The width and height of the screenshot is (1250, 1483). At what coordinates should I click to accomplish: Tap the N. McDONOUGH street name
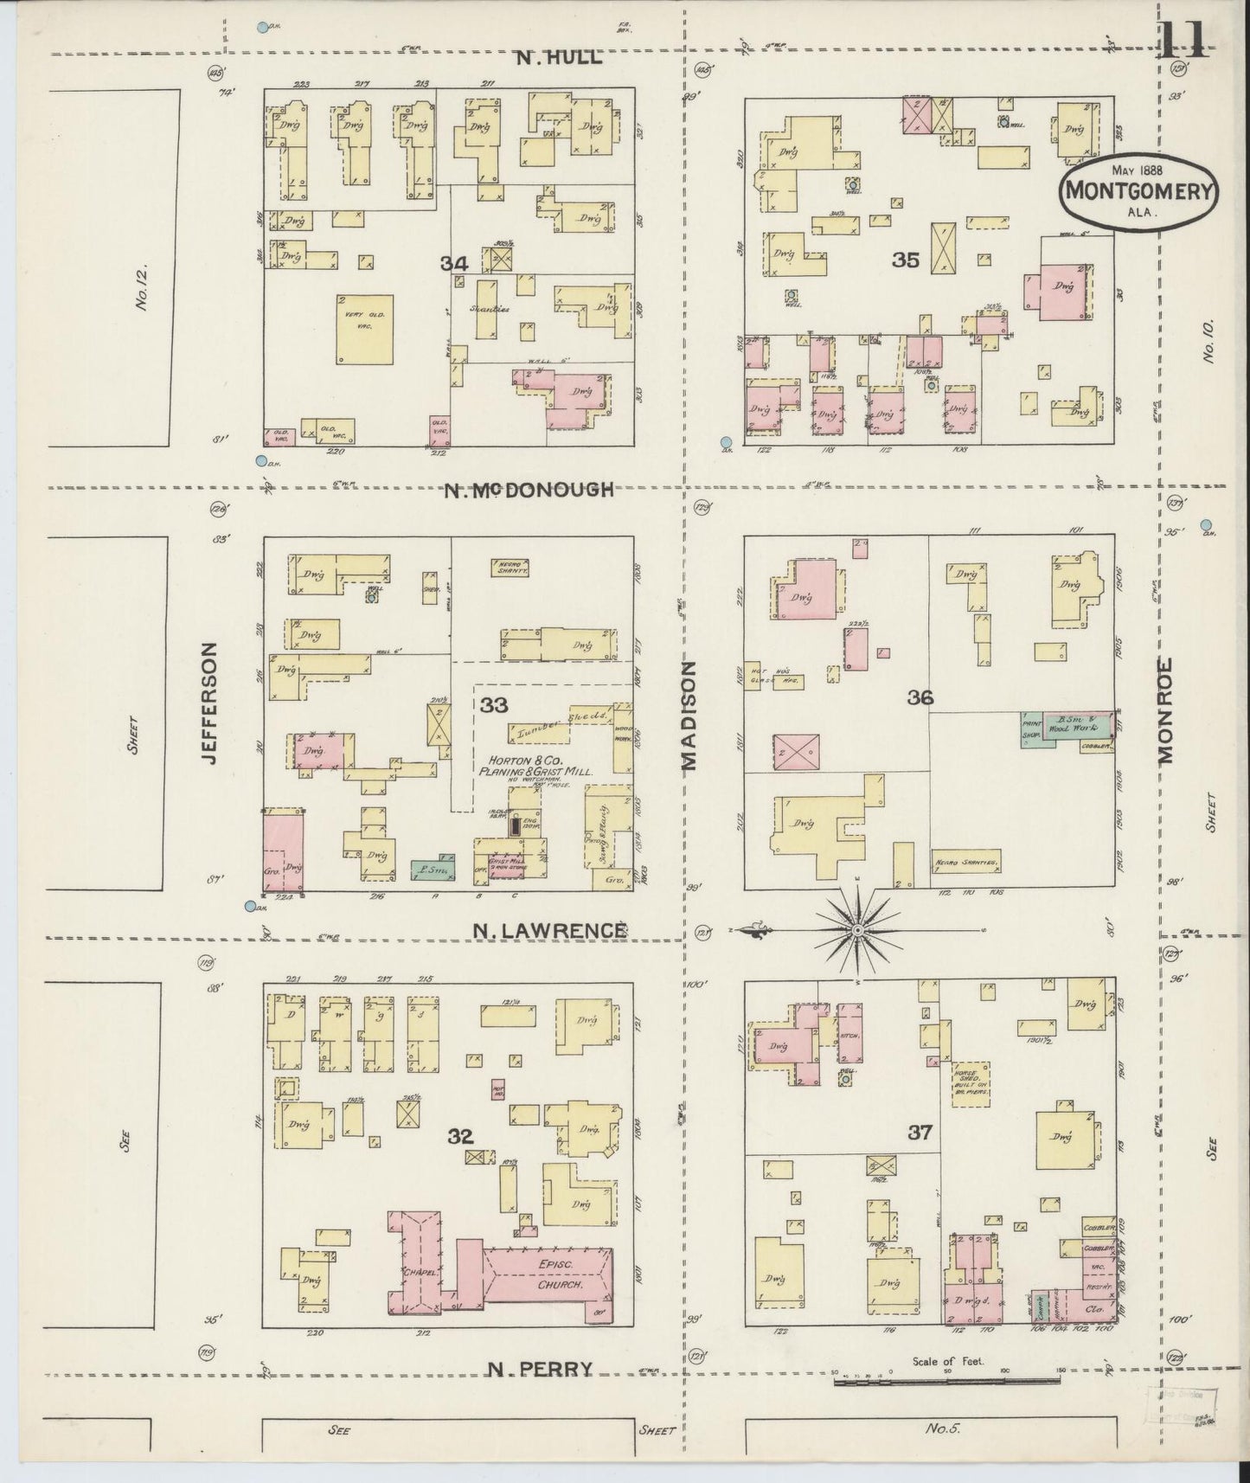529,490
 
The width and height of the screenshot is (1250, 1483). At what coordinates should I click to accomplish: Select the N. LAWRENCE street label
549,930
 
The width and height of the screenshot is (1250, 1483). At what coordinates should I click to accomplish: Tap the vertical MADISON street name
689,716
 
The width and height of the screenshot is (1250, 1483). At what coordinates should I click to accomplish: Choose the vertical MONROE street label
1165,710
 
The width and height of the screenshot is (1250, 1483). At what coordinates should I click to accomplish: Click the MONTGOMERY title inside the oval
1139,191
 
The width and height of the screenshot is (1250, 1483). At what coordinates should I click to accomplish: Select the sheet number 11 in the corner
1184,40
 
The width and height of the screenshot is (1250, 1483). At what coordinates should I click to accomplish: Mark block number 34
454,264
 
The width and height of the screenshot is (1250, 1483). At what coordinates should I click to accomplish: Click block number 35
906,260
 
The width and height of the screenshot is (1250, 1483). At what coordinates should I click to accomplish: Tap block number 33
494,706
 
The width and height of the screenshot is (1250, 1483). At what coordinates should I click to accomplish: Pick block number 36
920,697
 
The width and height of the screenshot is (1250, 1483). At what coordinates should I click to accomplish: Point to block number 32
461,1136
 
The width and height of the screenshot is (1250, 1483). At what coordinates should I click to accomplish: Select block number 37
920,1132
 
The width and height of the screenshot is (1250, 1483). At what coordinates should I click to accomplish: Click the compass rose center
856,930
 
